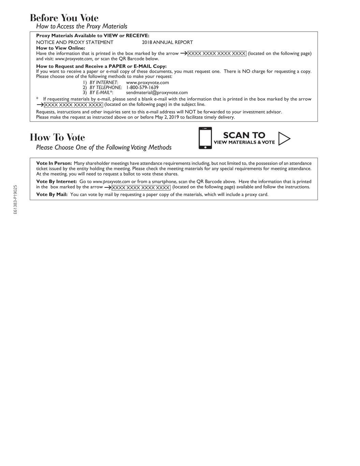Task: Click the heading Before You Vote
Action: coord(64,18)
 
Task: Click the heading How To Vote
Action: coord(57,137)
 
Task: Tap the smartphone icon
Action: coord(205,138)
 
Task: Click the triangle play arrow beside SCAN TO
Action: coord(284,139)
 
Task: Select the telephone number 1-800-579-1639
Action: coord(142,87)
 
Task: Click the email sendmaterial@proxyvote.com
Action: coord(157,93)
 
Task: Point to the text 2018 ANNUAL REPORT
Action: coord(167,42)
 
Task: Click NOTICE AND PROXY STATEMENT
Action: coord(75,42)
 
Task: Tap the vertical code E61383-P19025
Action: coord(15,200)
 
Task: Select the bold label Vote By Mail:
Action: coord(52,195)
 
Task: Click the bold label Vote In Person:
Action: coord(54,163)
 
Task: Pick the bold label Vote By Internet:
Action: coord(57,182)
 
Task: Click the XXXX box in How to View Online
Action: coord(217,54)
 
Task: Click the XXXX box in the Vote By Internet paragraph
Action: coord(141,187)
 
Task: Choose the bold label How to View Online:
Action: coord(60,48)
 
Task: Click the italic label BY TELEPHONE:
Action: coord(106,87)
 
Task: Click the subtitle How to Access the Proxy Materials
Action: coord(82,26)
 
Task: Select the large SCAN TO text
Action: coord(244,135)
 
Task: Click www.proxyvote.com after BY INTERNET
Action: coord(147,82)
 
